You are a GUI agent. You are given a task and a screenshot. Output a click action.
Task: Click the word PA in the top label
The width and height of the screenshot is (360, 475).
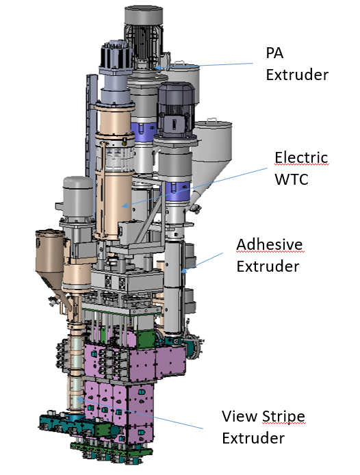[x=274, y=53]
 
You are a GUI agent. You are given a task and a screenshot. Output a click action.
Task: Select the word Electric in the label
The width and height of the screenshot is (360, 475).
[x=301, y=157]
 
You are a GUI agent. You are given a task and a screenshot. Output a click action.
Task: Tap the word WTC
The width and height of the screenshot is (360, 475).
[x=291, y=179]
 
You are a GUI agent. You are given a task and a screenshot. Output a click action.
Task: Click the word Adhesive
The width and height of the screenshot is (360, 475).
[x=270, y=244]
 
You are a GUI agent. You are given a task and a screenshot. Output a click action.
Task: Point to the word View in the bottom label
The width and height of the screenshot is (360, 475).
[x=240, y=416]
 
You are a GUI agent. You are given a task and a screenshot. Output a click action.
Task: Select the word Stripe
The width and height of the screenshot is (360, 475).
[x=283, y=417]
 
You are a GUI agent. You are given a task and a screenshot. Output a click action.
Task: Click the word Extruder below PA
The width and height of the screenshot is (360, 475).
[x=297, y=75]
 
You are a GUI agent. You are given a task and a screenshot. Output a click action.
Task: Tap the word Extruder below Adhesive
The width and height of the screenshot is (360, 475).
[x=268, y=266]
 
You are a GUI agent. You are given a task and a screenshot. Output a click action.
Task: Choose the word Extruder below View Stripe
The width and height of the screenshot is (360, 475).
[x=253, y=438]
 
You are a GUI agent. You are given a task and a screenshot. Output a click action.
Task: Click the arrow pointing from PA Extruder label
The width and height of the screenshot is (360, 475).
[x=204, y=66]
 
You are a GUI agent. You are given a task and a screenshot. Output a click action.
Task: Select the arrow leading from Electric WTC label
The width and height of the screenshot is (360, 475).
[x=194, y=188]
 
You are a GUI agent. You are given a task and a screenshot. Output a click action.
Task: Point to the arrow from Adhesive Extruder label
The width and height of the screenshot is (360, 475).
[x=202, y=262]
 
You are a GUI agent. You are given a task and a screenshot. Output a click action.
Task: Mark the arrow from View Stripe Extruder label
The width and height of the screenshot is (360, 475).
[x=140, y=413]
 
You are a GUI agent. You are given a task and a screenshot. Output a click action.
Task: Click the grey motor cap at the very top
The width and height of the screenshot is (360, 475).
[x=143, y=15]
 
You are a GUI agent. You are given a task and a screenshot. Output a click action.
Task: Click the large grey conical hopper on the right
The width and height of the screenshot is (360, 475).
[x=212, y=151]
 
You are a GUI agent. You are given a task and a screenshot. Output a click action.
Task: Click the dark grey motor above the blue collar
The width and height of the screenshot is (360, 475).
[x=176, y=110]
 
